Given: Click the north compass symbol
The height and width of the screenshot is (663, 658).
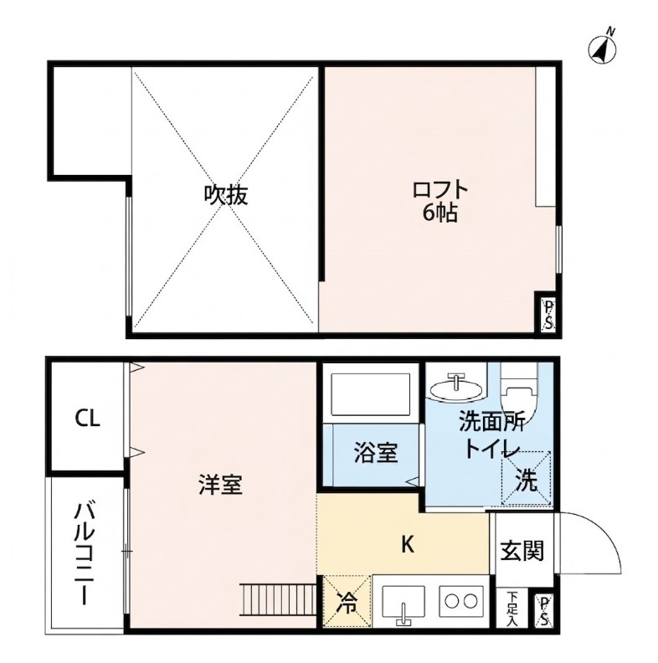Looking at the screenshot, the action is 602,48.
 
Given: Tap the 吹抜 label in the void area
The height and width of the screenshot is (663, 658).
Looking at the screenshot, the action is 226,195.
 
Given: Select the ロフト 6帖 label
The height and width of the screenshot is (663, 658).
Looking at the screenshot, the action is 440,202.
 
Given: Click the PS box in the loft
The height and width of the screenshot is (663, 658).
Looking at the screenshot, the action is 548,315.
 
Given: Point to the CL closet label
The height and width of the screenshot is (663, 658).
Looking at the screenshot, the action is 88,419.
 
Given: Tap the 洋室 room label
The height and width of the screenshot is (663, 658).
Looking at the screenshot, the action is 221,485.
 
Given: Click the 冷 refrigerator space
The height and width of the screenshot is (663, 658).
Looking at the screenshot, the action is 347,601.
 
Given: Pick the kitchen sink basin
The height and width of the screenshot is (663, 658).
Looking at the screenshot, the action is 404,601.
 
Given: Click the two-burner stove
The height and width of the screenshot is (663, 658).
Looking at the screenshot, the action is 461,601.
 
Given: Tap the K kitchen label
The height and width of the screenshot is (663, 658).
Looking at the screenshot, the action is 407,544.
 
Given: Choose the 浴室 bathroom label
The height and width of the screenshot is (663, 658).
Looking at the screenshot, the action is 376,453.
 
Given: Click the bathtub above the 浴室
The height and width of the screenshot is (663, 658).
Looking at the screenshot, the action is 371,394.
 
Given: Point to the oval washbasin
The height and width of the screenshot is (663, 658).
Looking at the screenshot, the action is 455,388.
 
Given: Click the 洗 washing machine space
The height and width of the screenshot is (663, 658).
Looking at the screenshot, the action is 527,478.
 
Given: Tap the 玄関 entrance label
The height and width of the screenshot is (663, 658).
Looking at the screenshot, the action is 522,551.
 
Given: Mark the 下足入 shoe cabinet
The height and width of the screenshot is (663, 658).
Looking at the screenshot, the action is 512,608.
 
